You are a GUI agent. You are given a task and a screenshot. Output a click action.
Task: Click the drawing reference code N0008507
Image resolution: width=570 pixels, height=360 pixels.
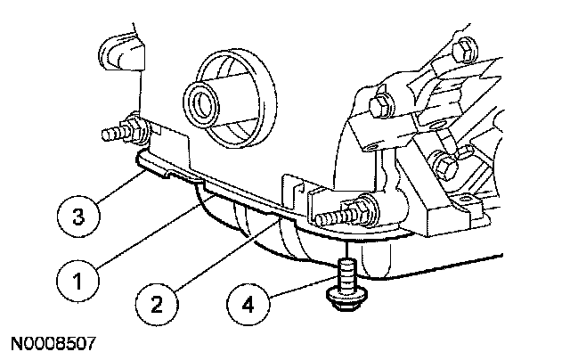pyautogui.click(x=53, y=342)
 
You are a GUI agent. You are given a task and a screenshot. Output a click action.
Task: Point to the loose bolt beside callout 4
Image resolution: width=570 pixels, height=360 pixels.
pyautogui.click(x=346, y=283)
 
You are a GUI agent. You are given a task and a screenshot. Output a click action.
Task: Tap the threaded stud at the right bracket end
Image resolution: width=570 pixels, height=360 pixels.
pyautogui.click(x=326, y=217)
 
